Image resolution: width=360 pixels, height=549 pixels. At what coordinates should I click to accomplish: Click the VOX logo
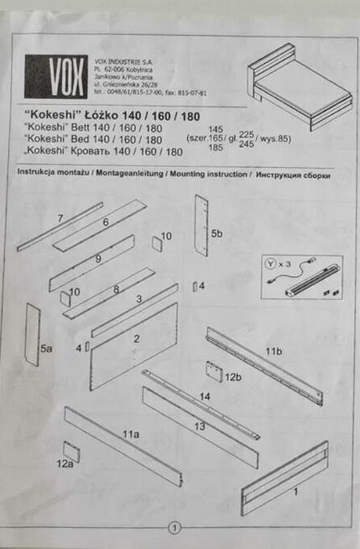[55, 76]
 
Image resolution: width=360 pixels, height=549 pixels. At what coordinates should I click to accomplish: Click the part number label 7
[60, 218]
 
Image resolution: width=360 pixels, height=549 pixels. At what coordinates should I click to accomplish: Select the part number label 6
[107, 223]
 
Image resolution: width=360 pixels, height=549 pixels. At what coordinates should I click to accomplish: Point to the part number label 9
[98, 259]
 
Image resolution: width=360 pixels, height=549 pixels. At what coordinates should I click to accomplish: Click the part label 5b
[217, 233]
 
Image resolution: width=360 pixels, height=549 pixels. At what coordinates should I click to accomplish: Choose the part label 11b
[274, 349]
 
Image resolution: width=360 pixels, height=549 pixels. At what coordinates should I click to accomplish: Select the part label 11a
[129, 434]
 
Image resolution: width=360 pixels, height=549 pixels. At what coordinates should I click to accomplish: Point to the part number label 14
[205, 395]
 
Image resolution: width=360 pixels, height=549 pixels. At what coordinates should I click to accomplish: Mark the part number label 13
[200, 426]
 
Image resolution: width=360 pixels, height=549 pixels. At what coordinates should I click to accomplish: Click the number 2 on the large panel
[135, 338]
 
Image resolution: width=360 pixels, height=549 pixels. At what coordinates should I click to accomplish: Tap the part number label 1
[295, 494]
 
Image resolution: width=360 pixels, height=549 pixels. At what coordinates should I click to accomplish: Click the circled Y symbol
[269, 261]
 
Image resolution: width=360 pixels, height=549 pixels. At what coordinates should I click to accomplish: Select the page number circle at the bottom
[175, 528]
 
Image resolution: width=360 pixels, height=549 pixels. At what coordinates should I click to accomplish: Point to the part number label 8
[116, 290]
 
